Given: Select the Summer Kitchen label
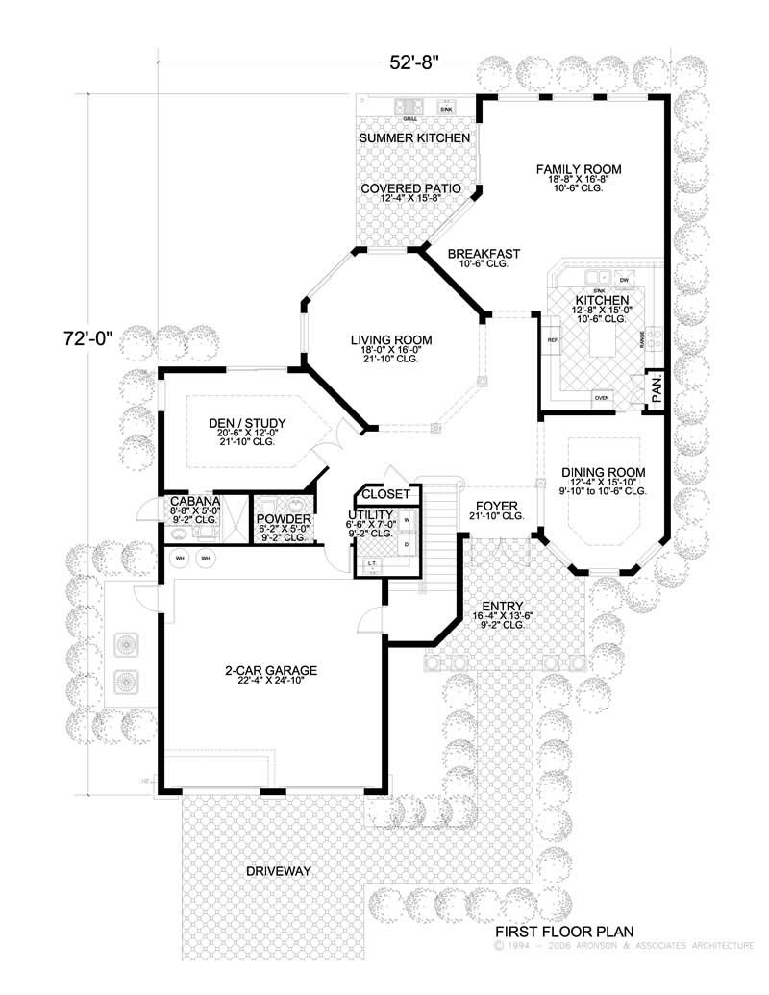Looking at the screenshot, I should pyautogui.click(x=414, y=138).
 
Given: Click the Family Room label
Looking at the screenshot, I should pyautogui.click(x=579, y=169).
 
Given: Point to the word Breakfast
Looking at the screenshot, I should pyautogui.click(x=484, y=254).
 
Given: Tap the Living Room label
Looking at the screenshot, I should pyautogui.click(x=390, y=340).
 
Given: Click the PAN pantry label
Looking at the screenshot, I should pyautogui.click(x=655, y=390).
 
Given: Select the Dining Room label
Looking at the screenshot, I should pyautogui.click(x=603, y=473).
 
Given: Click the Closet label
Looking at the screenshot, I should pyautogui.click(x=385, y=494).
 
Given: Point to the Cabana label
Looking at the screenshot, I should pyautogui.click(x=195, y=502).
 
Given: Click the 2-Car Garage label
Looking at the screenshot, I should pyautogui.click(x=272, y=670).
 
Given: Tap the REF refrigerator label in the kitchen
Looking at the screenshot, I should pyautogui.click(x=553, y=341).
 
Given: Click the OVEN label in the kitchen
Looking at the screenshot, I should pyautogui.click(x=602, y=396).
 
